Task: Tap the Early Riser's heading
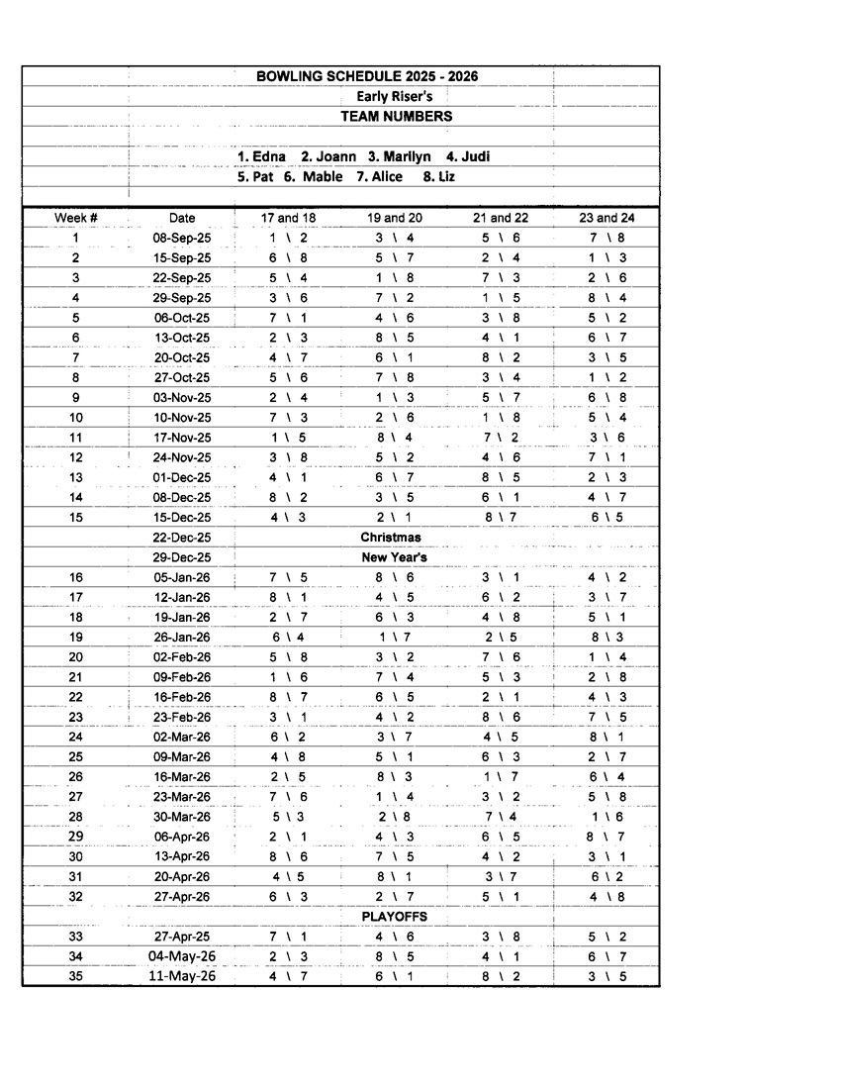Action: (x=395, y=96)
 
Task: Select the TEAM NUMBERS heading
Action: (x=397, y=116)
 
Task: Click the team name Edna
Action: (x=268, y=156)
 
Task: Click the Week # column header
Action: (x=75, y=218)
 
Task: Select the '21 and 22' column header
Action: (x=501, y=218)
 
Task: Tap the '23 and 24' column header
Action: (x=607, y=218)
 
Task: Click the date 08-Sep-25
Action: (x=182, y=238)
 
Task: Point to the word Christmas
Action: (x=391, y=537)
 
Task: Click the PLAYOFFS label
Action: (x=394, y=917)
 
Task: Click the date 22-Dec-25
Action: (x=182, y=537)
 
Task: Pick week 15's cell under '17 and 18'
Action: (x=288, y=517)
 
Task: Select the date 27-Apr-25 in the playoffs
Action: (x=182, y=937)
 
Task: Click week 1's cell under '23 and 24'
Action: (x=607, y=238)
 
